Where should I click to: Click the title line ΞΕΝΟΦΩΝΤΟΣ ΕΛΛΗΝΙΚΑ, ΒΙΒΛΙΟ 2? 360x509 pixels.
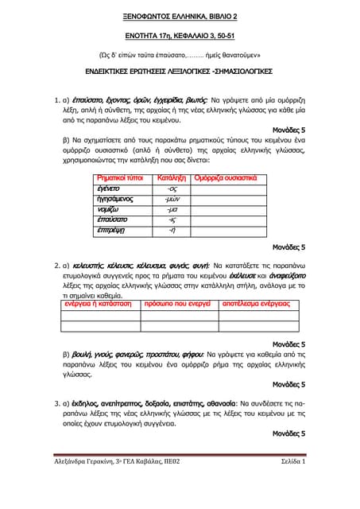(180, 16)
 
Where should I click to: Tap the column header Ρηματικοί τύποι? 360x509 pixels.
(119, 177)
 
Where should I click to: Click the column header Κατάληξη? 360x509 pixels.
(172, 177)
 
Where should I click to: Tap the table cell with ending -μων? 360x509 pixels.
(172, 199)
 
